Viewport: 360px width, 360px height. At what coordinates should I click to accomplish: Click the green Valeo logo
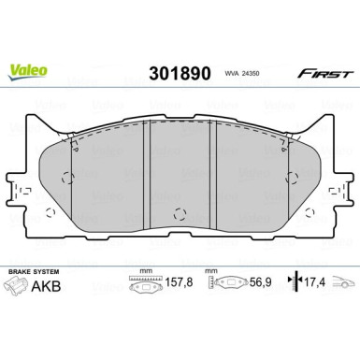(x=28, y=72)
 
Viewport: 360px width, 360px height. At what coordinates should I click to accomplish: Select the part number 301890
(x=180, y=74)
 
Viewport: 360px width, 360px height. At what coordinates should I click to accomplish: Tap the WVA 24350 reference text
(x=242, y=74)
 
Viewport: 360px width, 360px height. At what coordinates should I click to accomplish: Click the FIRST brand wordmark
(x=325, y=74)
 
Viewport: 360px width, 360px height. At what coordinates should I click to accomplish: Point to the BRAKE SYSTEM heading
(x=34, y=272)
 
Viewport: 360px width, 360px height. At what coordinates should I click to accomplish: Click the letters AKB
(x=46, y=286)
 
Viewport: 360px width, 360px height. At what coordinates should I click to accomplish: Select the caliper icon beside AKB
(x=15, y=286)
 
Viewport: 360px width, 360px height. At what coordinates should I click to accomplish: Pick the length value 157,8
(x=179, y=282)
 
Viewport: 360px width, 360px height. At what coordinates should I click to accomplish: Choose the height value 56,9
(x=261, y=282)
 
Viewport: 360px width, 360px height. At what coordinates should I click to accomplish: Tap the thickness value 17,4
(x=314, y=282)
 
